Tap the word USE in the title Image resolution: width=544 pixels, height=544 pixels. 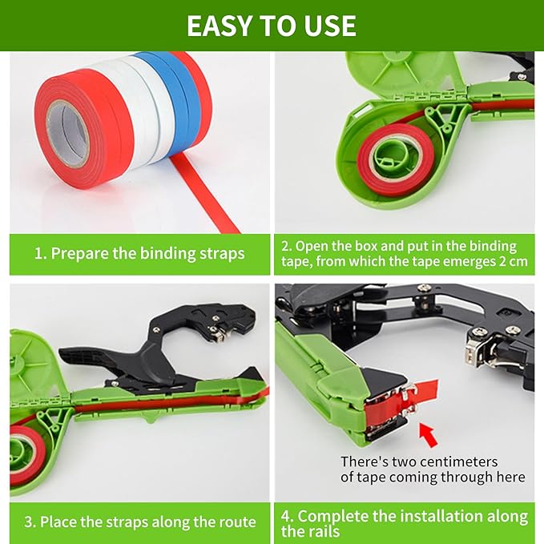pyautogui.click(x=328, y=25)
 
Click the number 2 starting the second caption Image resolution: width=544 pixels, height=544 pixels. pyautogui.click(x=287, y=247)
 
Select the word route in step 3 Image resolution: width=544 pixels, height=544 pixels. pyautogui.click(x=233, y=522)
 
